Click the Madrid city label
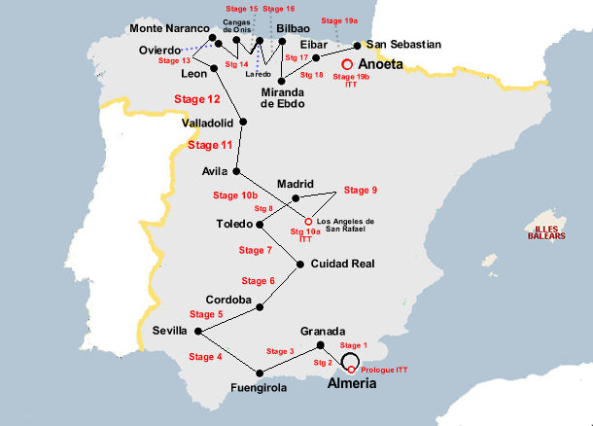[x=296, y=183]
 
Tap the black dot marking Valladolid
[x=243, y=122]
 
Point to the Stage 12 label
[x=197, y=99]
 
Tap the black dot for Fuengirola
[x=260, y=373]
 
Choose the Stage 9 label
[x=360, y=190]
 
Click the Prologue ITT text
[x=384, y=370]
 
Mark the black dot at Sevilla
[x=198, y=331]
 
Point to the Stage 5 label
[x=206, y=314]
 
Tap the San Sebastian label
[x=403, y=44]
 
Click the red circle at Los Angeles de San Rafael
[x=309, y=222]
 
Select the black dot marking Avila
[x=236, y=171]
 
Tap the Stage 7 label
[x=256, y=250]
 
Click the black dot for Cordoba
[x=261, y=308]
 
